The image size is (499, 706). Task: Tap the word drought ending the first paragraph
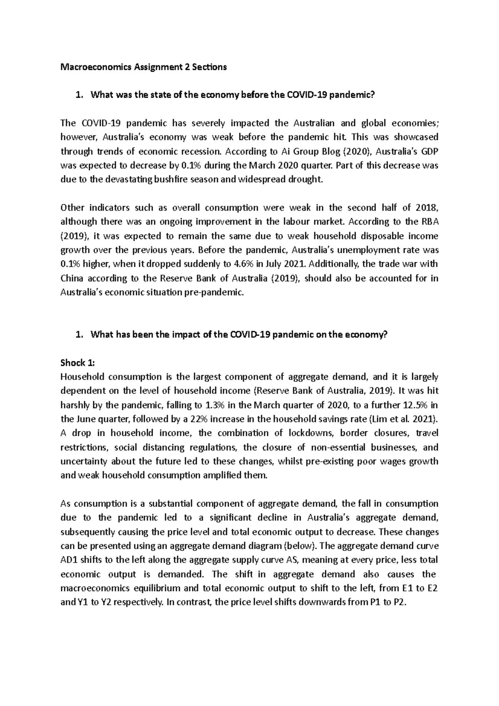(307, 180)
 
